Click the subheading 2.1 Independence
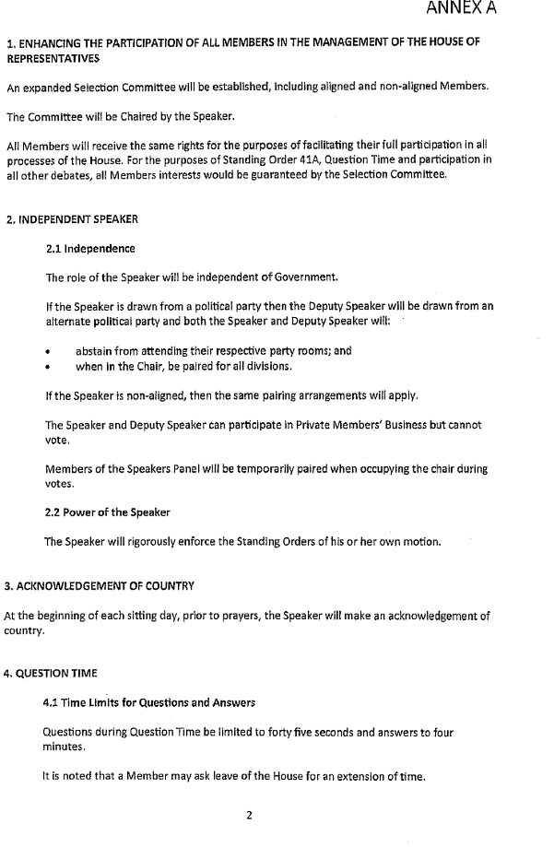[89, 249]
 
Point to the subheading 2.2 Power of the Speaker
[107, 512]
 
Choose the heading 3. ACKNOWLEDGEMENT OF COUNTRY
[100, 586]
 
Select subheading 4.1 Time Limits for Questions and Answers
[148, 702]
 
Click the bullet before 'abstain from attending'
[48, 352]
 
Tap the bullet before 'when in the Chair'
[48, 367]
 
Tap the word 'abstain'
[95, 351]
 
